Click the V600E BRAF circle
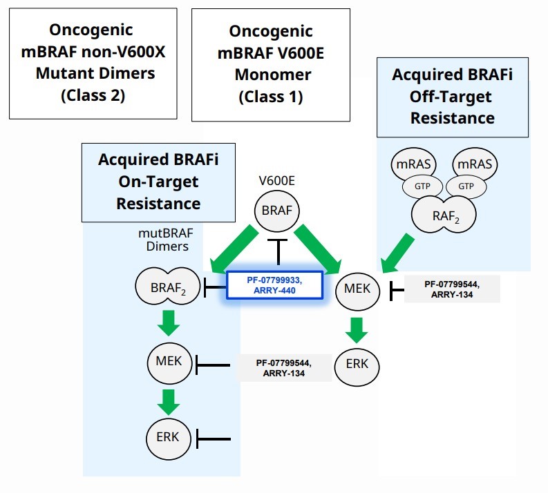coord(278,211)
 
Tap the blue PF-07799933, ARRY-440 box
coord(274,285)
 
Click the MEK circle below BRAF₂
coord(169,360)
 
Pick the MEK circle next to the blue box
coord(357,290)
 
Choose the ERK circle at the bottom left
coord(168,436)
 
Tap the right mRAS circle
coord(473,166)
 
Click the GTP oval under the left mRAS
coord(422,187)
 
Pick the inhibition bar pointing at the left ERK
coord(213,438)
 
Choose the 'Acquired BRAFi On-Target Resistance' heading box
coord(158,182)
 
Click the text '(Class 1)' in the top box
coord(270,97)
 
